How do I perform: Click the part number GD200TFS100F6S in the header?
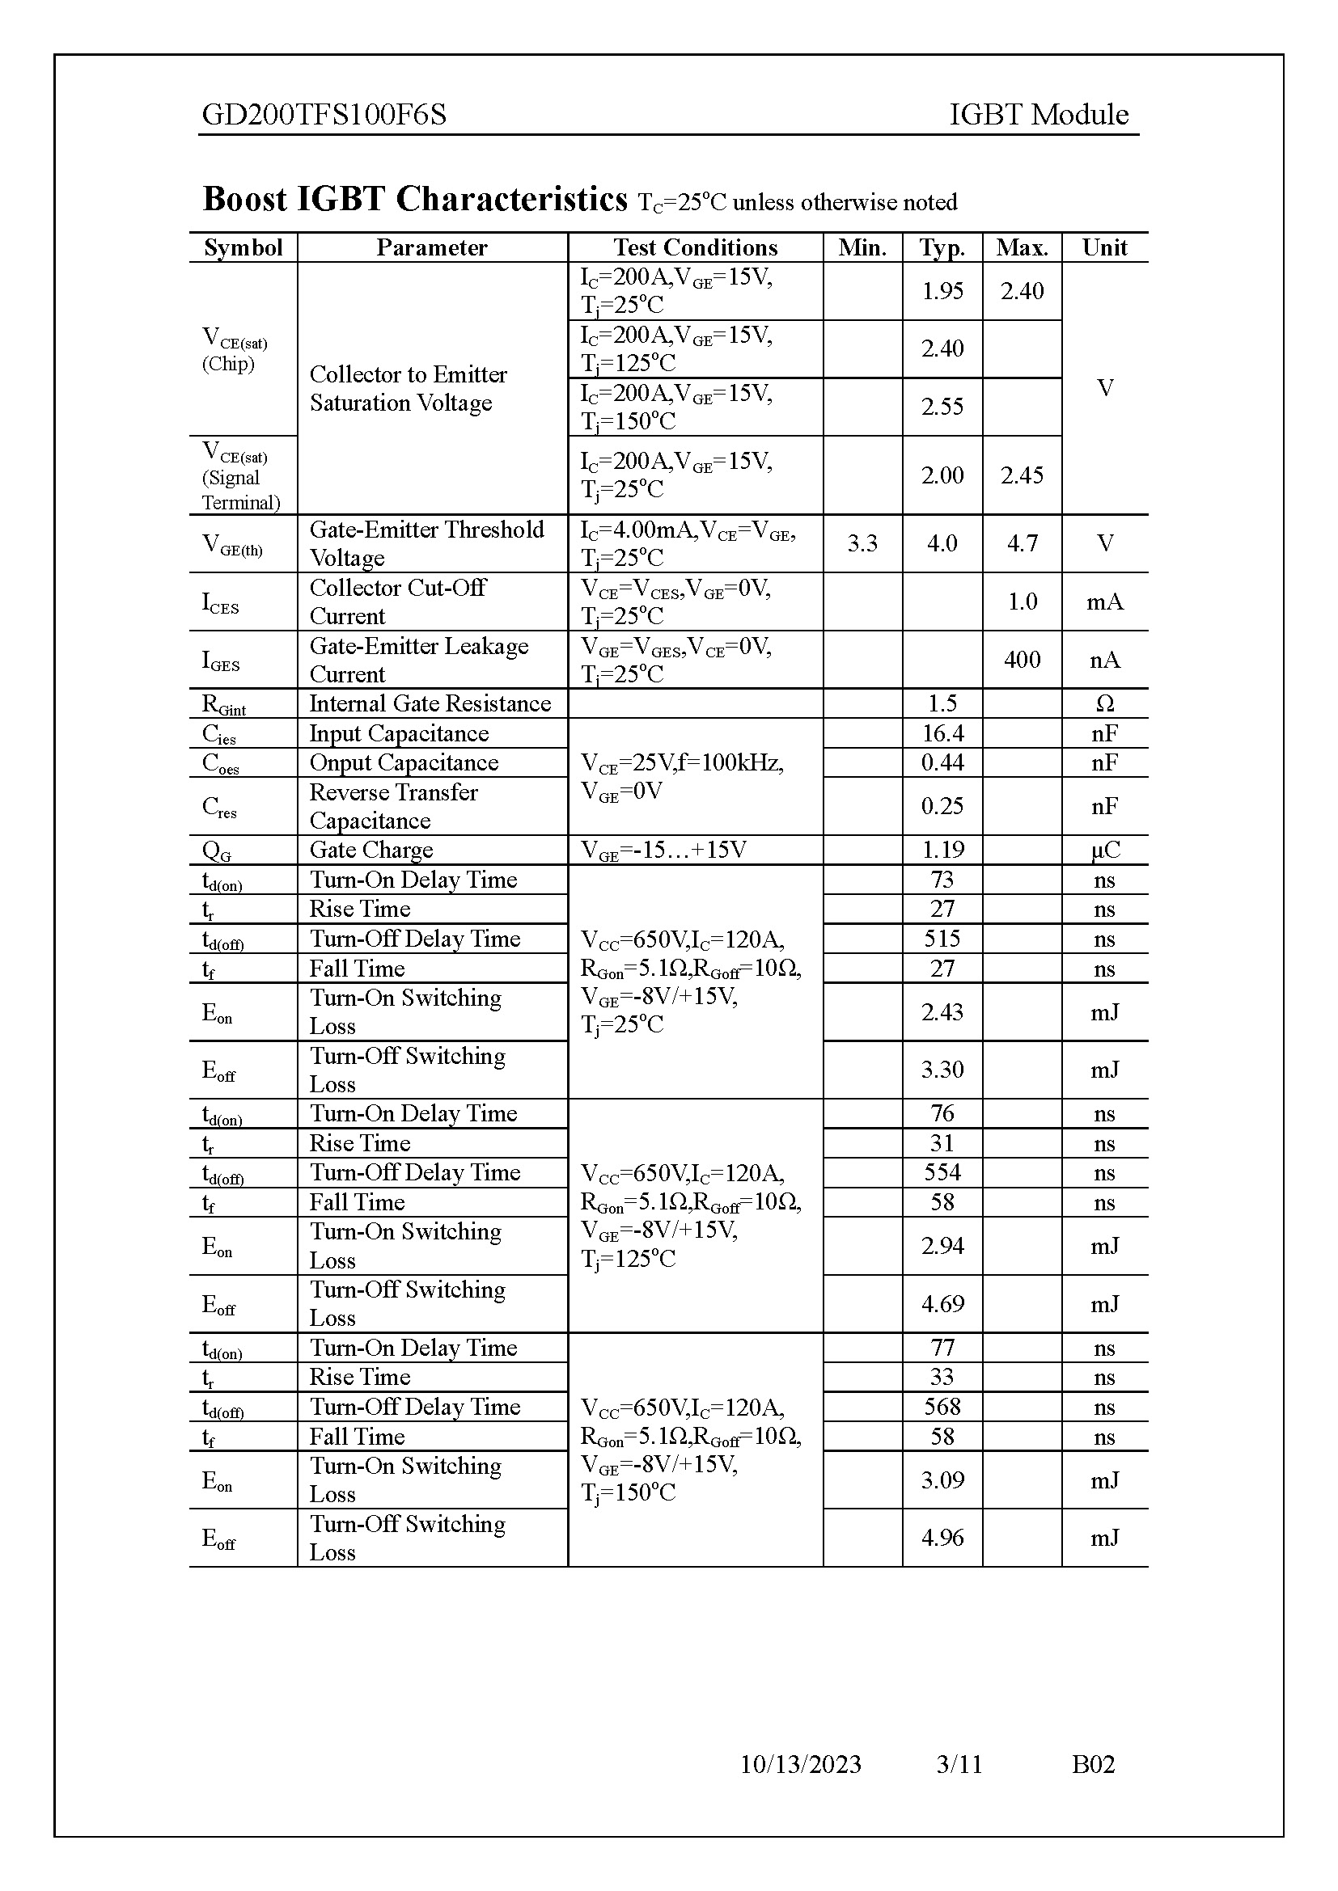click(x=324, y=115)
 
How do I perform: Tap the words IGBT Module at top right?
click(x=1038, y=115)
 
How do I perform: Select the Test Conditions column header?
click(x=695, y=248)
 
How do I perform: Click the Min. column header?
click(x=862, y=248)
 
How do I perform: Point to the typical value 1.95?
click(x=942, y=291)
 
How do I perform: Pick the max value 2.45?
click(x=1022, y=475)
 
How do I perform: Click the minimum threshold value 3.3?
click(x=862, y=543)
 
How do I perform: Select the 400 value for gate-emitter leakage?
click(x=1022, y=660)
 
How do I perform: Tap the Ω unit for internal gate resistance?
click(x=1104, y=703)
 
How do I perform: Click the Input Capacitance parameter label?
click(x=399, y=733)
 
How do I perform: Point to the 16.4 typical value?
click(x=942, y=733)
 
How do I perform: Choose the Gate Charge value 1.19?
click(x=942, y=850)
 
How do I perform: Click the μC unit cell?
click(x=1104, y=850)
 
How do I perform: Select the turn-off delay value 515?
click(x=942, y=939)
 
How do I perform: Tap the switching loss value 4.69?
click(x=942, y=1304)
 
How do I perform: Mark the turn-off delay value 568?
click(x=942, y=1407)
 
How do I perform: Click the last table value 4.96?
click(x=942, y=1538)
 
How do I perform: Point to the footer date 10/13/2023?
click(x=800, y=1764)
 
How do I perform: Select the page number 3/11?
click(x=959, y=1764)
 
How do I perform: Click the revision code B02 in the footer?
click(x=1092, y=1764)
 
